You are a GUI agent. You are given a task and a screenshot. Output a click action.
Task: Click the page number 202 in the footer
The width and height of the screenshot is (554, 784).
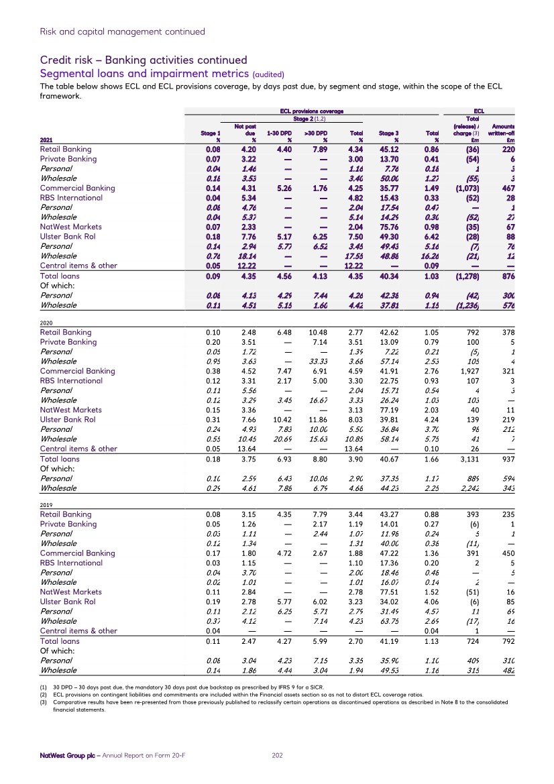(276, 755)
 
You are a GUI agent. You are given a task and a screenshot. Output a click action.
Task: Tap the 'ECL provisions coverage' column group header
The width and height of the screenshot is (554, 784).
(311, 111)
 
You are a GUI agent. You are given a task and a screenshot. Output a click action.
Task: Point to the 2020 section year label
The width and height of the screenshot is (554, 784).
(47, 322)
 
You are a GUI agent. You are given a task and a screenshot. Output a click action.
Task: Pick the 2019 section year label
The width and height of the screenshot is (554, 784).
(47, 504)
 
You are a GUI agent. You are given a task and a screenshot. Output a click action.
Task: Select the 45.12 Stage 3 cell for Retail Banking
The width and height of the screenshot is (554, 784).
(390, 150)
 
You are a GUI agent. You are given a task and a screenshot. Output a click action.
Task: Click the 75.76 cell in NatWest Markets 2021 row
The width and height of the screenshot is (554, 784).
(390, 227)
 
